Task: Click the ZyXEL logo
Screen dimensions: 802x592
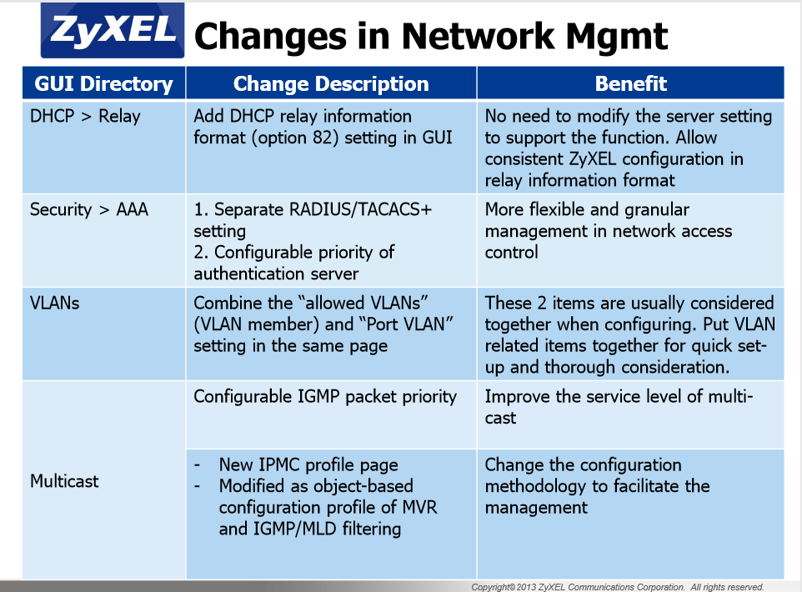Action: [113, 30]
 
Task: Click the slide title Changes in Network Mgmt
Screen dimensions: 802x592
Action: [431, 36]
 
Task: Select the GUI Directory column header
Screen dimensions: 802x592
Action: [104, 83]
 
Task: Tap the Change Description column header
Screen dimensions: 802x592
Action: [331, 83]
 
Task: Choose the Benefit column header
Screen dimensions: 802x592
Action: [630, 83]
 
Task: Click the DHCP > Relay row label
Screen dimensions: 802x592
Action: [85, 116]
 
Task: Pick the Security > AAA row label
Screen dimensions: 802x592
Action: [89, 209]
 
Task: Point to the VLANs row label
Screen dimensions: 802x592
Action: [55, 303]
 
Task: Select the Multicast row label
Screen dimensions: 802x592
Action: [64, 481]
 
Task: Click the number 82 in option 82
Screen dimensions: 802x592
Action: [323, 138]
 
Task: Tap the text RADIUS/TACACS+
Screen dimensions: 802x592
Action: [361, 209]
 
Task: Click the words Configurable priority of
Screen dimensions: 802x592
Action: [304, 253]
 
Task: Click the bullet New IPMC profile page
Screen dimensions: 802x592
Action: [308, 464]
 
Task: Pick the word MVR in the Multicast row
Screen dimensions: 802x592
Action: [420, 507]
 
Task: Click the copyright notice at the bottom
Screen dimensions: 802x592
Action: [618, 587]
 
